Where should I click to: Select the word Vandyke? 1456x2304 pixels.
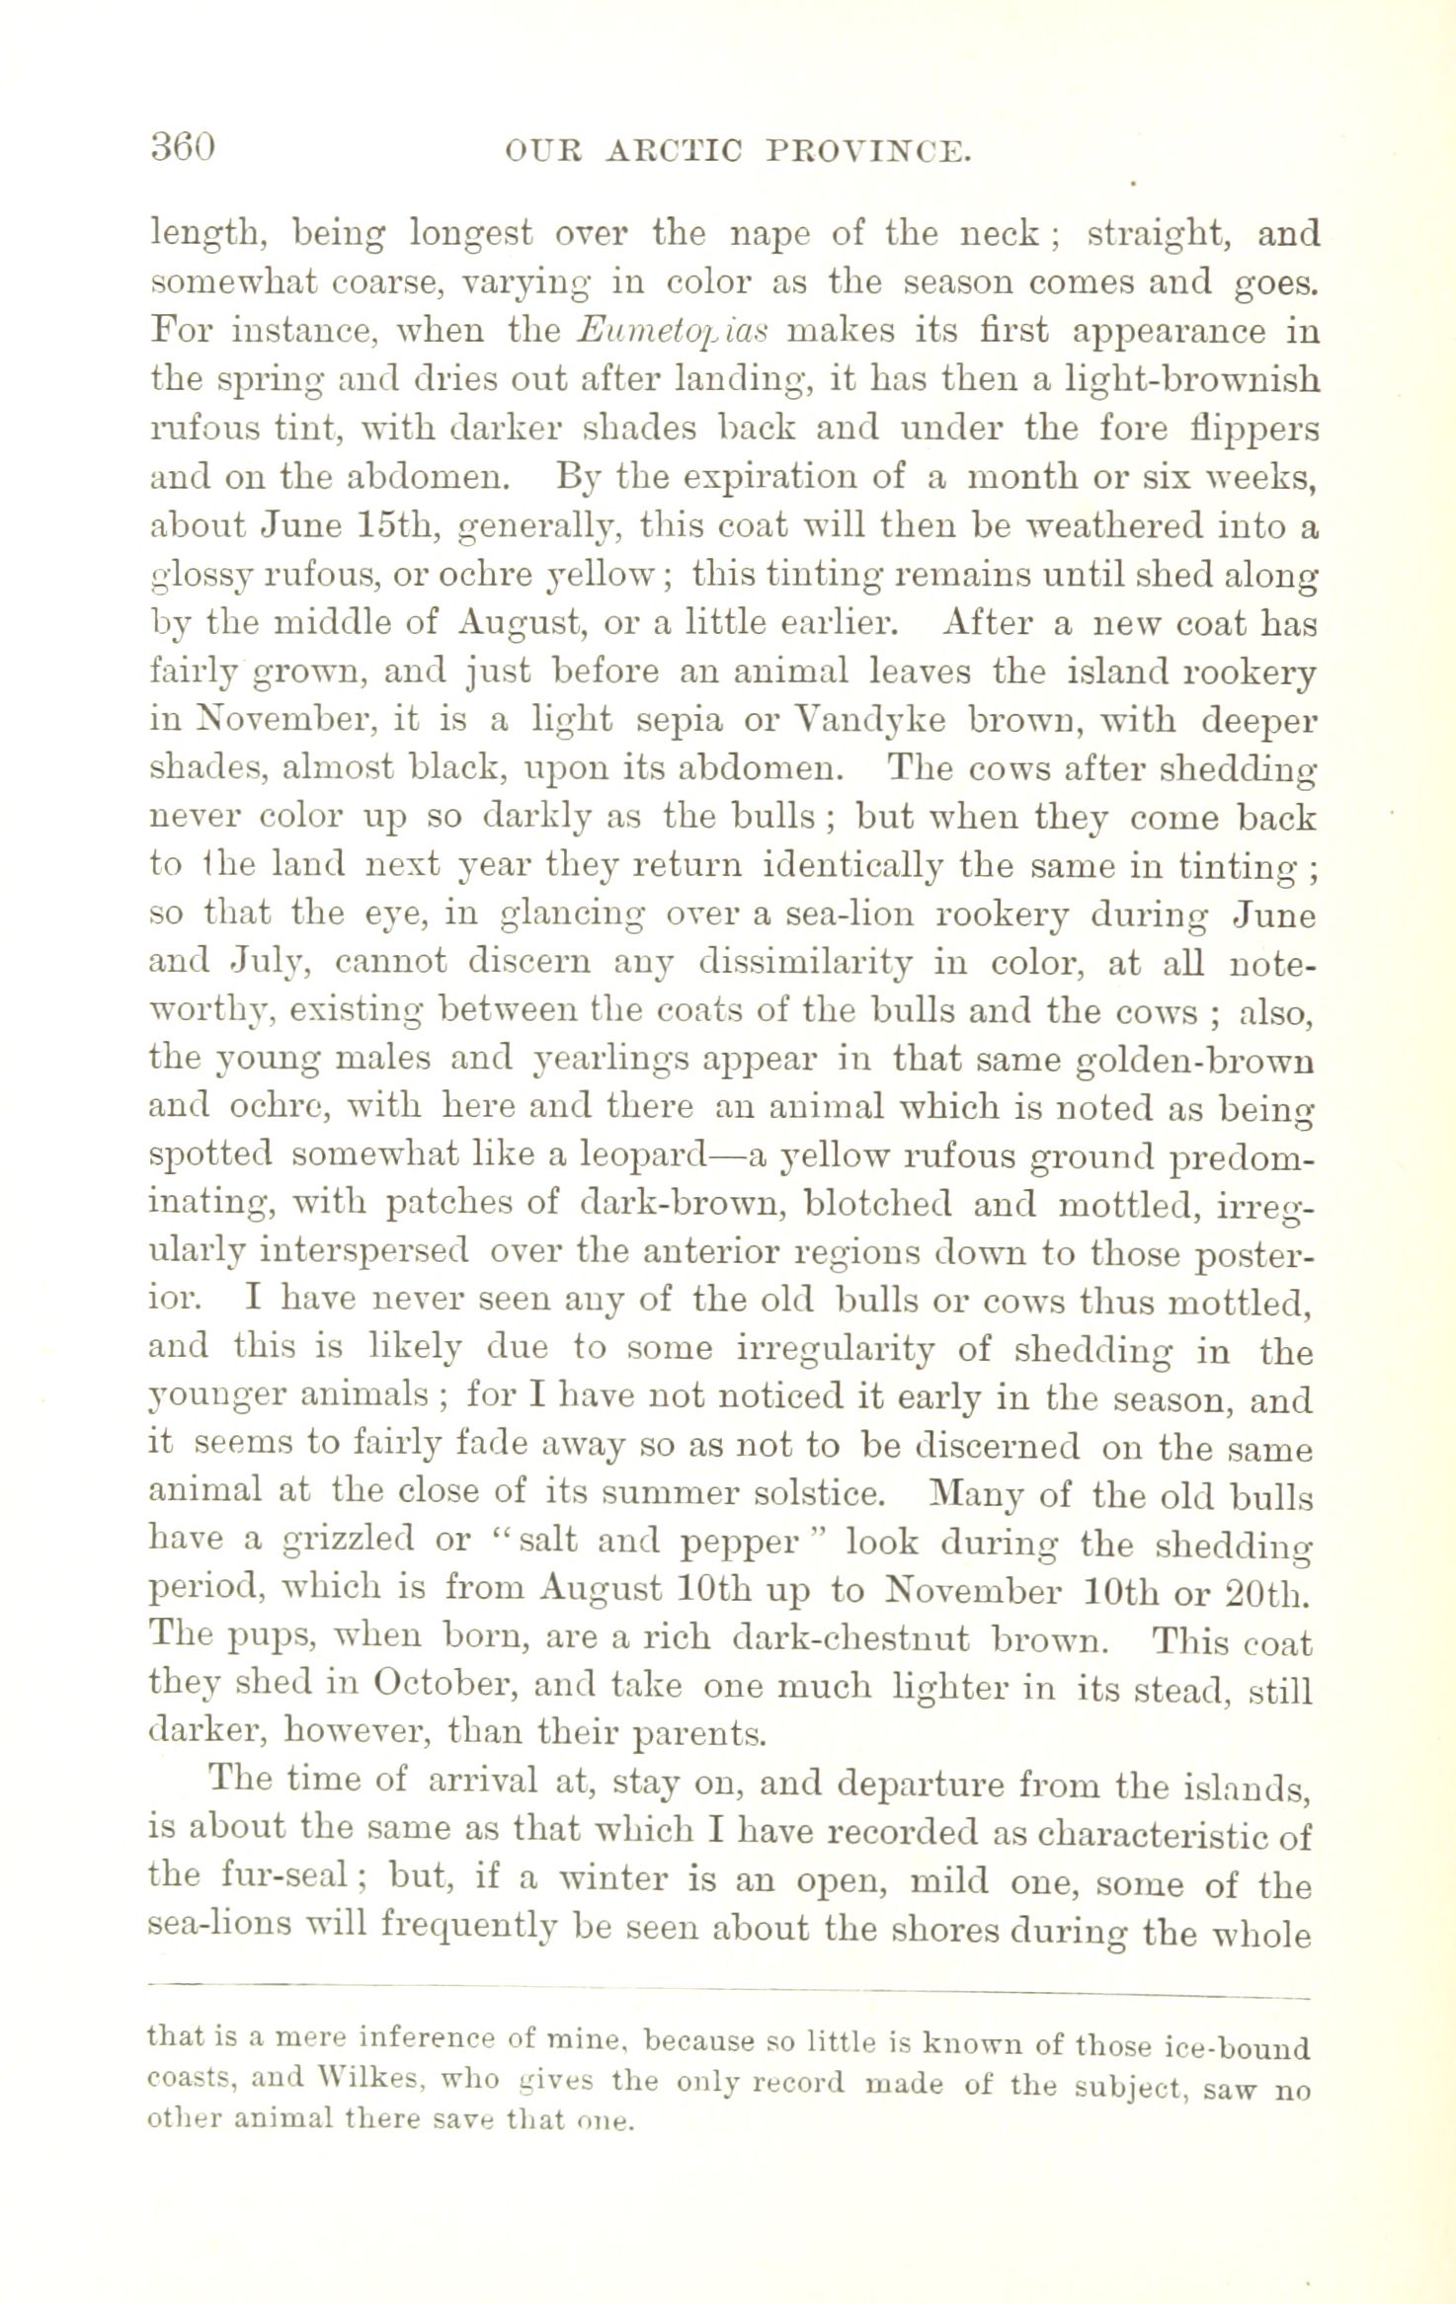tap(866, 719)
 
